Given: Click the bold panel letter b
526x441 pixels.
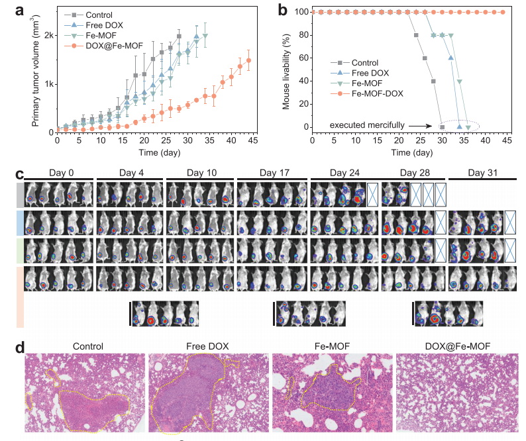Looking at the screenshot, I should (x=281, y=9).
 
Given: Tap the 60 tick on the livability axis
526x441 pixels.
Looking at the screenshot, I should (x=301, y=58).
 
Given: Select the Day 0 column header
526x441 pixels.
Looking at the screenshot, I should (x=60, y=173).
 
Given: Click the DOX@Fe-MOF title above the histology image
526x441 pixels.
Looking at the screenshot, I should (x=457, y=346).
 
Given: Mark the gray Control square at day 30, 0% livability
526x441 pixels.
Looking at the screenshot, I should (x=442, y=127).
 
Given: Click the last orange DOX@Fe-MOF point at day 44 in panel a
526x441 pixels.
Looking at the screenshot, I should (x=248, y=60).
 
